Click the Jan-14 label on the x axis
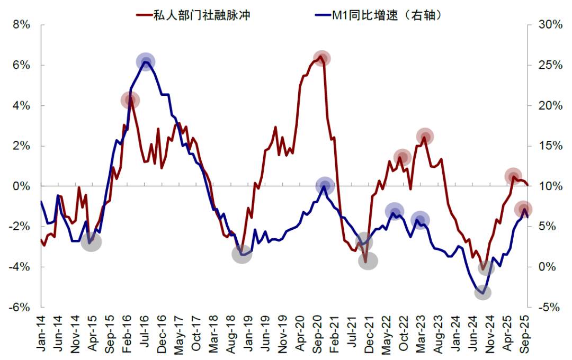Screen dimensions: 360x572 [42, 334]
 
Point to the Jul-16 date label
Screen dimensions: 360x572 [146, 334]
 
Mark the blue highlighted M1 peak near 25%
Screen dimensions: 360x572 [146, 62]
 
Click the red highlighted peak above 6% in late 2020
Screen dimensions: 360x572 [321, 58]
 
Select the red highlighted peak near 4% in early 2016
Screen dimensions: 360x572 [130, 100]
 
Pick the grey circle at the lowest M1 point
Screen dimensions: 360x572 [483, 292]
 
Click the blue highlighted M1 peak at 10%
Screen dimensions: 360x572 [325, 186]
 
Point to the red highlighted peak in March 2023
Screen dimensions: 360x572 [425, 137]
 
